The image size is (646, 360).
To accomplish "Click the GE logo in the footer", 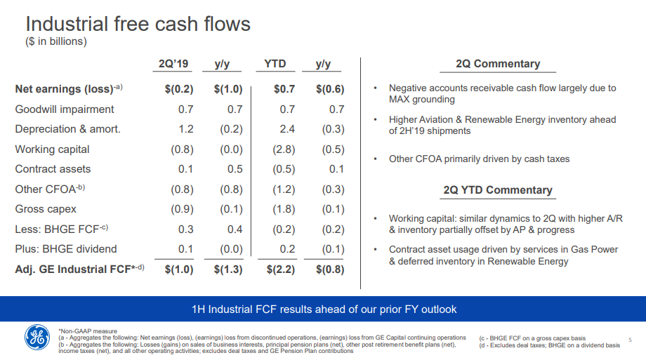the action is tap(37, 338).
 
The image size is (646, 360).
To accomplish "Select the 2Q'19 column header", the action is tap(173, 64).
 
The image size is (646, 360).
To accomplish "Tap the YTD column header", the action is tap(275, 64).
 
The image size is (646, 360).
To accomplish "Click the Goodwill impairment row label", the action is tap(65, 109).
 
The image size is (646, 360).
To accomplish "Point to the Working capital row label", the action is tap(52, 149).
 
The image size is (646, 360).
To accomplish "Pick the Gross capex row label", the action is tap(46, 209).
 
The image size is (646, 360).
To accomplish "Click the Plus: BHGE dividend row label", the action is tap(66, 249).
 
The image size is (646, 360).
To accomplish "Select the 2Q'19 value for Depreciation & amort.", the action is tap(186, 129).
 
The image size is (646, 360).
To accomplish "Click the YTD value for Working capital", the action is tap(284, 149).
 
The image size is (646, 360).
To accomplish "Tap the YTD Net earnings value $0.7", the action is tap(284, 89).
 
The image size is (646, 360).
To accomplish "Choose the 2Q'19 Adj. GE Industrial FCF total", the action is tap(179, 269).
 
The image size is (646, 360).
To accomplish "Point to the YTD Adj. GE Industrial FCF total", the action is tap(281, 269).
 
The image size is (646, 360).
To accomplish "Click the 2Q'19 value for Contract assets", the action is tap(186, 169).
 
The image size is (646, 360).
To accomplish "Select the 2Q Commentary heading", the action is tap(498, 64).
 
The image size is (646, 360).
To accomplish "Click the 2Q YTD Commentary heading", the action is tap(498, 190).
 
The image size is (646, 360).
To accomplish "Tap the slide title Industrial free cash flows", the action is tap(138, 24).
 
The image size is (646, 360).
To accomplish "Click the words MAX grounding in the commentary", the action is tap(422, 99).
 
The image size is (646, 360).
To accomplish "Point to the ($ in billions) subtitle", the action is tap(56, 41).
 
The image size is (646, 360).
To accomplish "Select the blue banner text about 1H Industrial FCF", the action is tap(324, 309).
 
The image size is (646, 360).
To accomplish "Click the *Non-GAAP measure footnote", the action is tap(88, 331).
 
